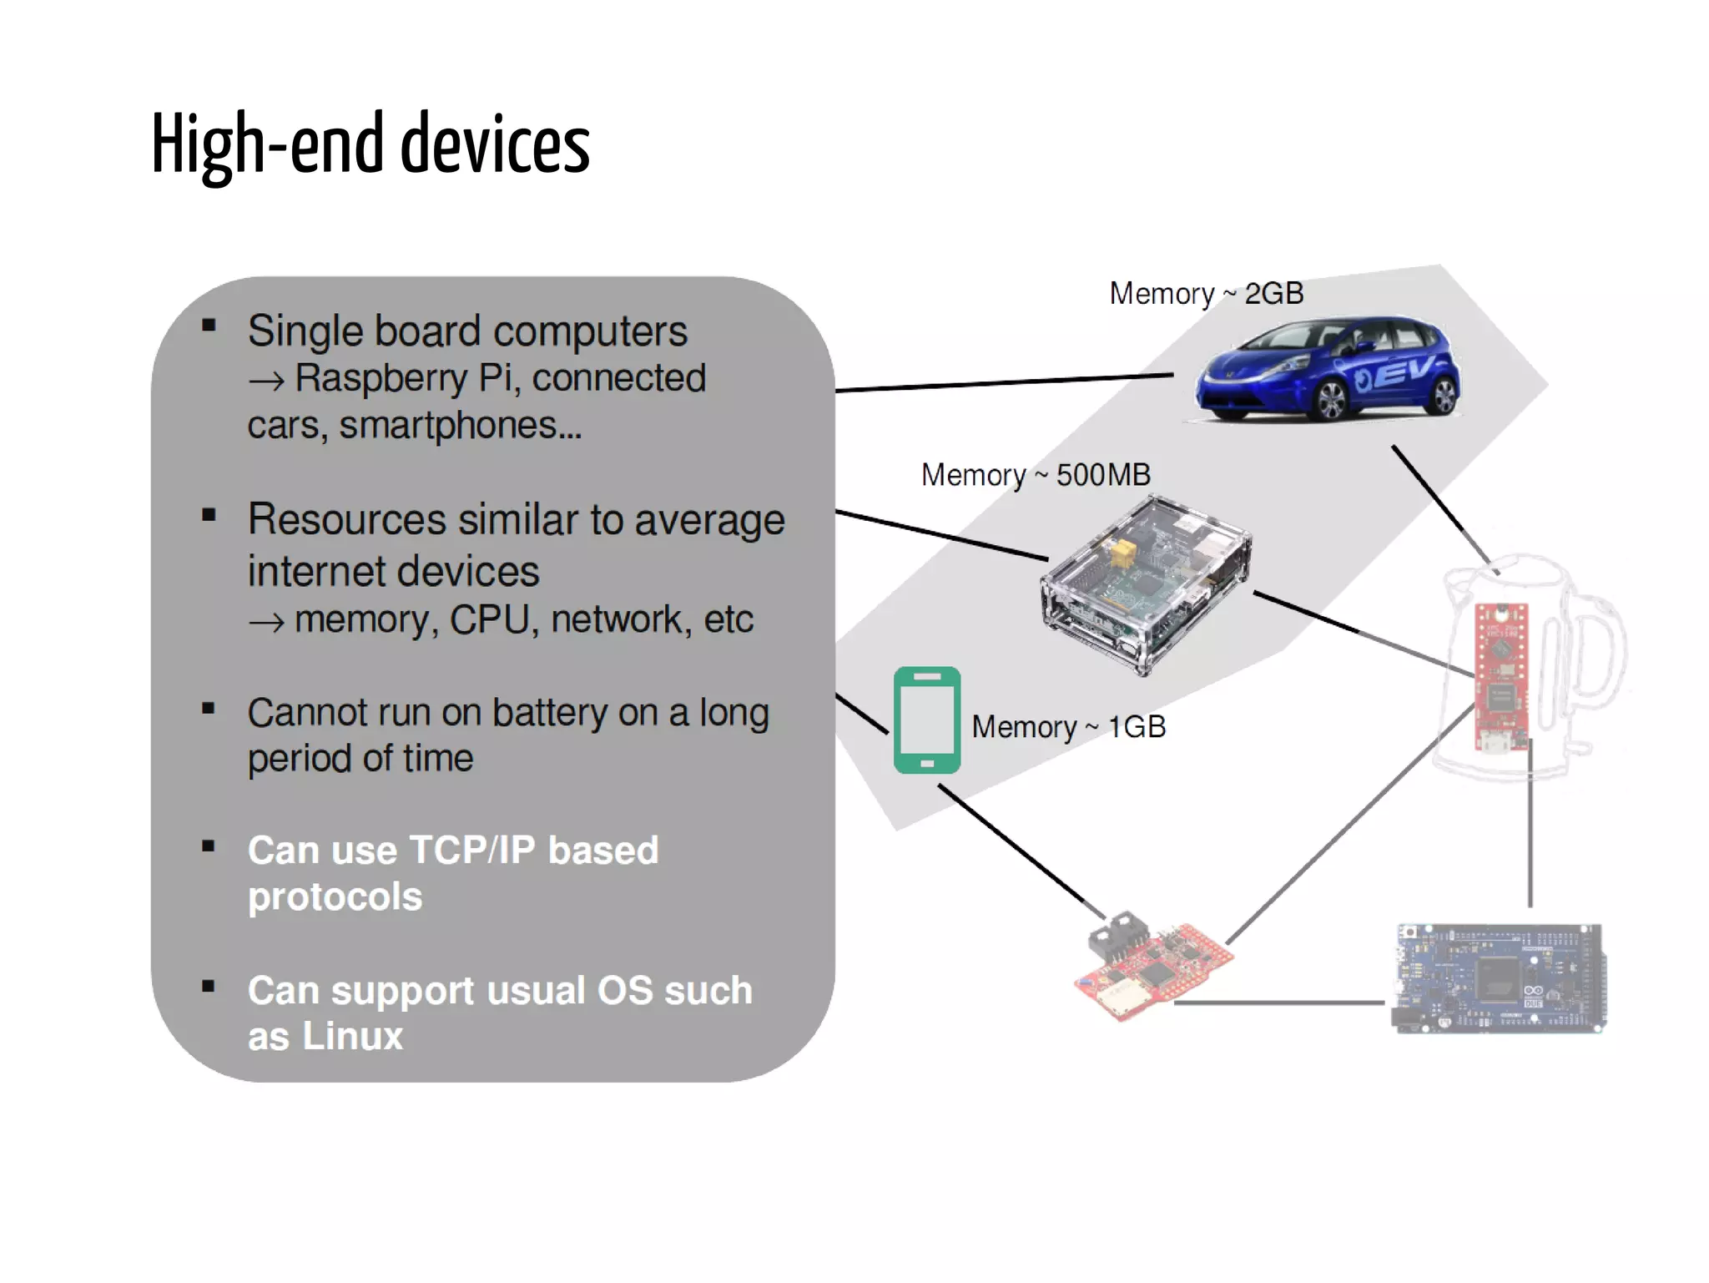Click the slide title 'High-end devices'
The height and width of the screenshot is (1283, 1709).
371,144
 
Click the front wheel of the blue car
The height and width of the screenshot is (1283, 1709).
1330,401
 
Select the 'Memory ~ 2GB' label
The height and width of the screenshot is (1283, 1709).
1206,294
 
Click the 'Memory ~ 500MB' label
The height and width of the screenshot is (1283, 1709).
1036,475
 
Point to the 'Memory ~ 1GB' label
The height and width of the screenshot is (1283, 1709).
1068,727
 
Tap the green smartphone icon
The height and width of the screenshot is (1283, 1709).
926,720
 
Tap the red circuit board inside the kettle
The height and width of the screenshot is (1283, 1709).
1501,676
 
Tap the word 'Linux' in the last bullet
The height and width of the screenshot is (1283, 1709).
352,1036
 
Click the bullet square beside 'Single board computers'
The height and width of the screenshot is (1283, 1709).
209,326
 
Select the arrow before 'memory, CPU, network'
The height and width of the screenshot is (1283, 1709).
266,622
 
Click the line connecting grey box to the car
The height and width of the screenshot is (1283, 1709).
1001,383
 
